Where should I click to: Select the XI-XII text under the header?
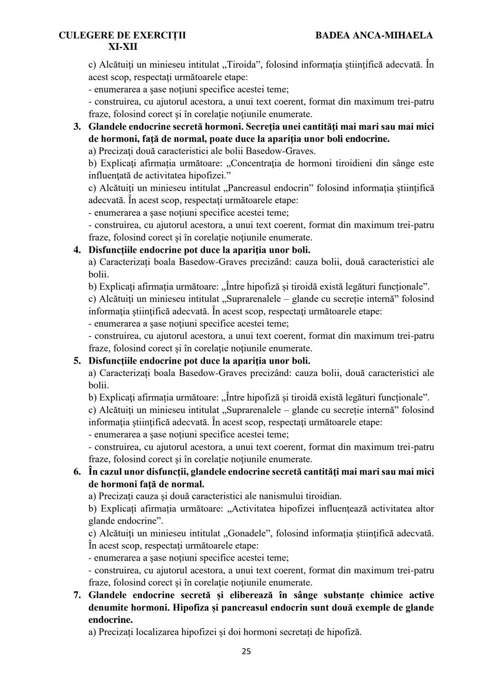click(x=122, y=47)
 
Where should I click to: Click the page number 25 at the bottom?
click(x=246, y=651)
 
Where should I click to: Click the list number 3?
click(x=77, y=126)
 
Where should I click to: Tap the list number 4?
click(x=77, y=250)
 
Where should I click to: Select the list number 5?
click(x=77, y=361)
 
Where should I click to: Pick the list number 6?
click(x=77, y=472)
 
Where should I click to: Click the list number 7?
click(x=77, y=595)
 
